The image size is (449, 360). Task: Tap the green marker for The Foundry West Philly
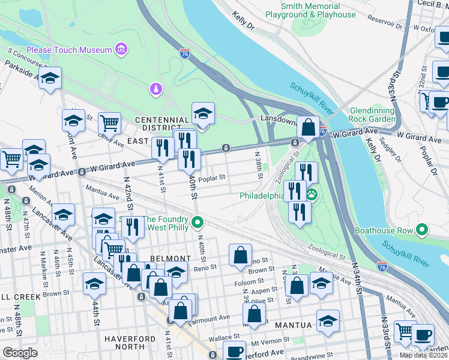[197, 224]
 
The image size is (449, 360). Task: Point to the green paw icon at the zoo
[312, 194]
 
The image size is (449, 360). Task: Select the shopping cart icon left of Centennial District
[109, 124]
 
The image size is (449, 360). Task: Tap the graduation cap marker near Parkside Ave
[50, 77]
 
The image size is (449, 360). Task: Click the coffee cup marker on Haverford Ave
[234, 352]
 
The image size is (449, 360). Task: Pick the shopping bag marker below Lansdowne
[308, 127]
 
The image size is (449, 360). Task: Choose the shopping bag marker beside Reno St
[240, 255]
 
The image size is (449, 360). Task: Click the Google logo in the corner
[20, 353]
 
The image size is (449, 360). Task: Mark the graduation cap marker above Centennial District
[203, 113]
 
